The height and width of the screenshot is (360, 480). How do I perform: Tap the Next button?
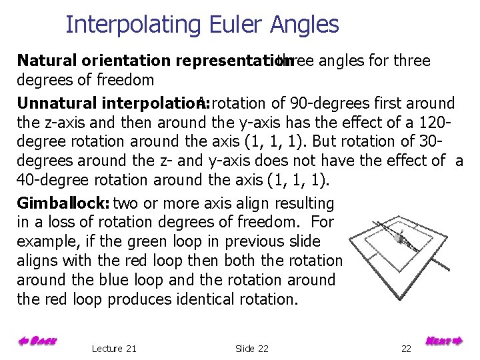point(443,341)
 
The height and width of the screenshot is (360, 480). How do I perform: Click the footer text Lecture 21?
point(114,348)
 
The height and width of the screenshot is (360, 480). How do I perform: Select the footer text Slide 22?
point(252,348)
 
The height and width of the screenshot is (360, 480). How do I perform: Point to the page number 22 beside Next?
point(407,348)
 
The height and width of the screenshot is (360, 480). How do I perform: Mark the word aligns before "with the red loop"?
point(35,261)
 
